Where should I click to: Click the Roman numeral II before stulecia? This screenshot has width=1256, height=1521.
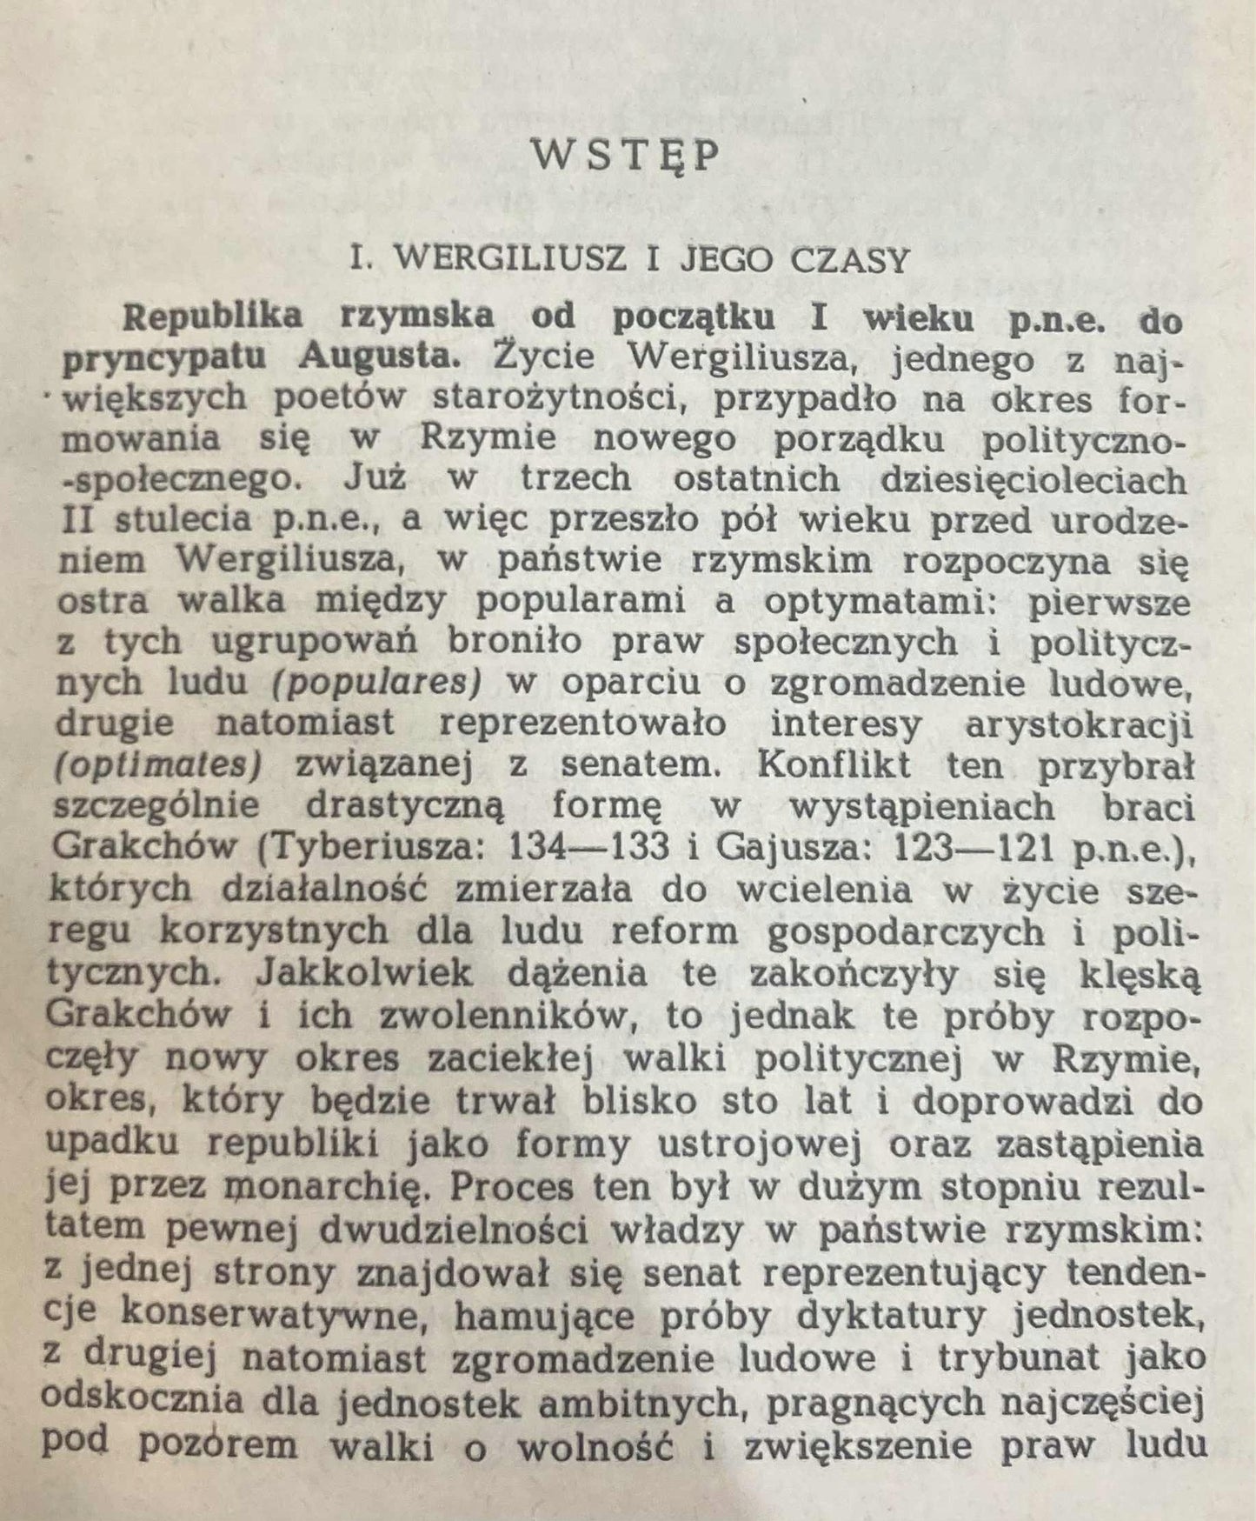tap(76, 520)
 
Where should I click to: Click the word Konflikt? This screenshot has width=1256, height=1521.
tap(834, 765)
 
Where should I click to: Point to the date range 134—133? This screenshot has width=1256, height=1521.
tap(590, 847)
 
